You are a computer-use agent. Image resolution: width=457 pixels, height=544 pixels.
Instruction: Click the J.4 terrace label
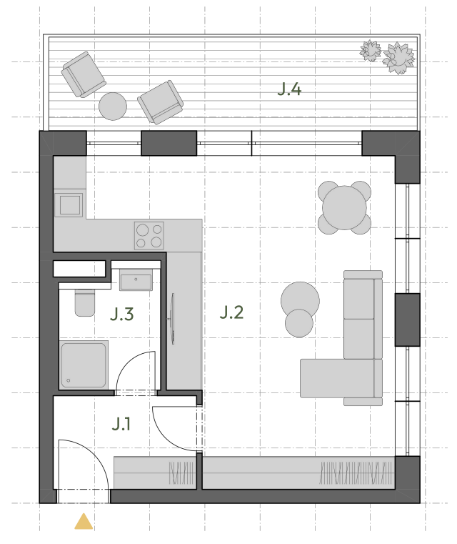(289, 89)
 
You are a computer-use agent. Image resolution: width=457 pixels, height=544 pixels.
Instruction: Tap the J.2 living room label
(231, 312)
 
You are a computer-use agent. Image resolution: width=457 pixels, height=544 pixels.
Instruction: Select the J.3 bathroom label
(121, 314)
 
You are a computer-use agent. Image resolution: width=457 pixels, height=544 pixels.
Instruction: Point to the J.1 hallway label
(121, 424)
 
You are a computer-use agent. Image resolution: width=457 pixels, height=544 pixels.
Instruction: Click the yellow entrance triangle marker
(84, 522)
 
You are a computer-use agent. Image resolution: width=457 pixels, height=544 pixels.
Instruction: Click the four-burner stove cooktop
(149, 236)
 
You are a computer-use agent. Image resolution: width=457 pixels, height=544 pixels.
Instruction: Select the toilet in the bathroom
(85, 302)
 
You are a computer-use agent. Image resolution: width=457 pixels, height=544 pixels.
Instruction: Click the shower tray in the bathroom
(84, 365)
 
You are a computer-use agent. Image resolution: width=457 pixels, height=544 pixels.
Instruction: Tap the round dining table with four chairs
(344, 207)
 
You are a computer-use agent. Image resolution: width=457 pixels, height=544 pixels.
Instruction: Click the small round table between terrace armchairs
(113, 107)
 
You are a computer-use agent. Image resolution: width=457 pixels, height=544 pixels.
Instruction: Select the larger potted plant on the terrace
(398, 58)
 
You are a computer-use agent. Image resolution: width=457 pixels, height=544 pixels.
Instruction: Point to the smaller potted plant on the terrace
(370, 51)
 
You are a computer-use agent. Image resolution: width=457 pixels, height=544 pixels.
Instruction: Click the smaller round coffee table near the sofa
(299, 323)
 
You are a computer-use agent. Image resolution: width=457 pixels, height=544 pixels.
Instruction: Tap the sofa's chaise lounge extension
(337, 378)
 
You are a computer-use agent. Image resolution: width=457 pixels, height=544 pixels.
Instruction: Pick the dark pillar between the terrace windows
(169, 143)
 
